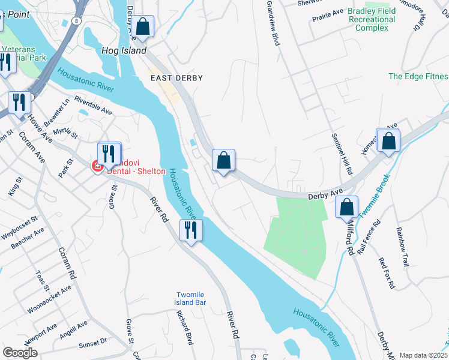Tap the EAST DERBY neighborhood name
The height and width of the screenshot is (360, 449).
176,78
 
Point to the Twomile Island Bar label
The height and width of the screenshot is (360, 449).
191,298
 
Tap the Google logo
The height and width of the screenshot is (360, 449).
20,353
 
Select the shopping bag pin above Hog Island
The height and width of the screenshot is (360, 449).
143,27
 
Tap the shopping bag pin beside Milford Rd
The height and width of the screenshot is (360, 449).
347,208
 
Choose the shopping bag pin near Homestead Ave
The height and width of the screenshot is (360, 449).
389,142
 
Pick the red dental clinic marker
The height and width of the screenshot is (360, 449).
97,166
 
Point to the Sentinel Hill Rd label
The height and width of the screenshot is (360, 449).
340,153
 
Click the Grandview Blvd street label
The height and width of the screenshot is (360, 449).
273,23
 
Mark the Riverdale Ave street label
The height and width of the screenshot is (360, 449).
93,105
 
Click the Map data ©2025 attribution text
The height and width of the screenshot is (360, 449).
423,355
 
